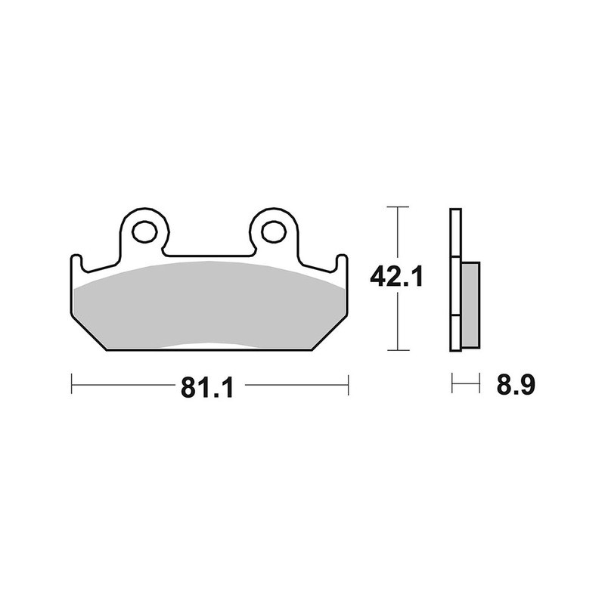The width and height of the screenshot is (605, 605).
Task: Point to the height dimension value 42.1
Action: click(396, 278)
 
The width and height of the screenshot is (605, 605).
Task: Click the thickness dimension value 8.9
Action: click(517, 385)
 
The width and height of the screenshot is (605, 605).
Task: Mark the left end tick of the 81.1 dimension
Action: click(71, 384)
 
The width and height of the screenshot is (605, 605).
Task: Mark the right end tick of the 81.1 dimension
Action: click(348, 384)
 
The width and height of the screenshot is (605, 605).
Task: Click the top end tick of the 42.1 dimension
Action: click(398, 206)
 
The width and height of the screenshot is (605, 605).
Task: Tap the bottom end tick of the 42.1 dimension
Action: click(398, 350)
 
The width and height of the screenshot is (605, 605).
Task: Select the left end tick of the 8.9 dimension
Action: click(452, 384)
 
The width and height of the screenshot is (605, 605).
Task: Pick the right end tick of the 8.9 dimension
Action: click(479, 384)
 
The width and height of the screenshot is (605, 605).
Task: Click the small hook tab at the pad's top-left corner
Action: click(76, 262)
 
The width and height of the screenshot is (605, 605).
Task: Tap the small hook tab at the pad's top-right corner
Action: click(343, 262)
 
